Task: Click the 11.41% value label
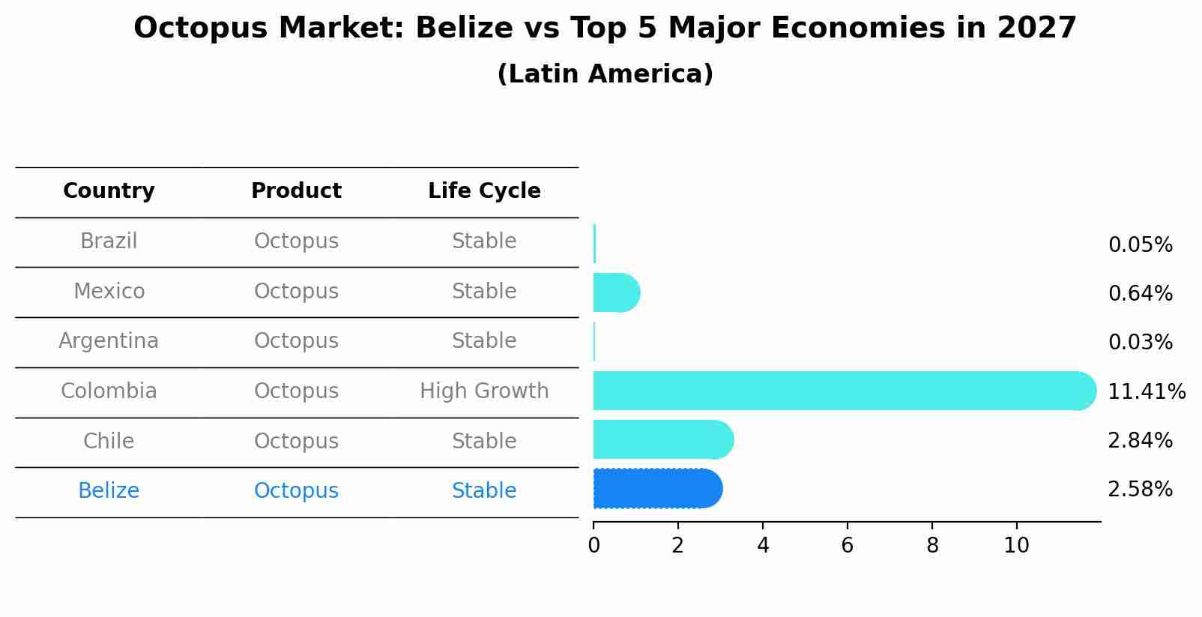pyautogui.click(x=1147, y=392)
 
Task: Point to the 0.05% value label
pyautogui.click(x=1140, y=245)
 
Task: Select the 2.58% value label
pyautogui.click(x=1140, y=490)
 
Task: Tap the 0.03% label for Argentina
pyautogui.click(x=1140, y=343)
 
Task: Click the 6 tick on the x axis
pyautogui.click(x=848, y=546)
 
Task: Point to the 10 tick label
pyautogui.click(x=1016, y=546)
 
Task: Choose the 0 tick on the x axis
pyautogui.click(x=594, y=546)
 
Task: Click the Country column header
pyautogui.click(x=109, y=191)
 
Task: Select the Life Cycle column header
pyautogui.click(x=484, y=191)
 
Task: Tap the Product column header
pyautogui.click(x=296, y=191)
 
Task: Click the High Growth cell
pyautogui.click(x=484, y=391)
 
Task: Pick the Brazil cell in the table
pyautogui.click(x=109, y=241)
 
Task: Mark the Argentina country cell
pyautogui.click(x=109, y=341)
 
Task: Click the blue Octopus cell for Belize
pyautogui.click(x=296, y=491)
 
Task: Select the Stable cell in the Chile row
pyautogui.click(x=484, y=441)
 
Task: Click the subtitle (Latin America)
pyautogui.click(x=605, y=74)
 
